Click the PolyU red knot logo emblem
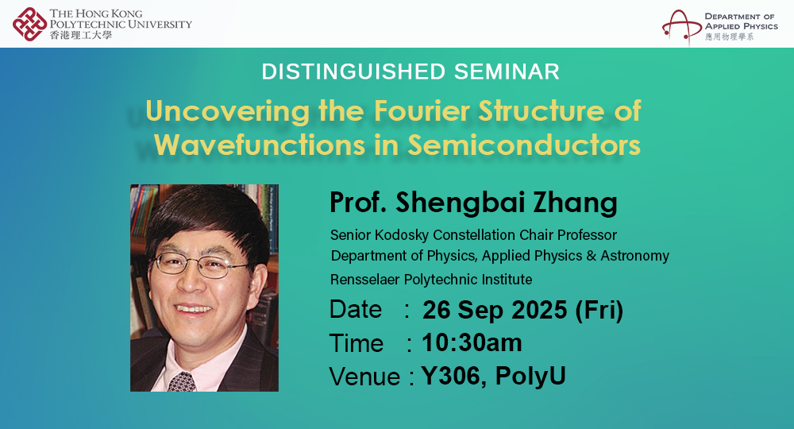coord(30,23)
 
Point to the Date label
coord(356,309)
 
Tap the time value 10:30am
coord(472,342)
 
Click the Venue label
coord(364,376)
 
